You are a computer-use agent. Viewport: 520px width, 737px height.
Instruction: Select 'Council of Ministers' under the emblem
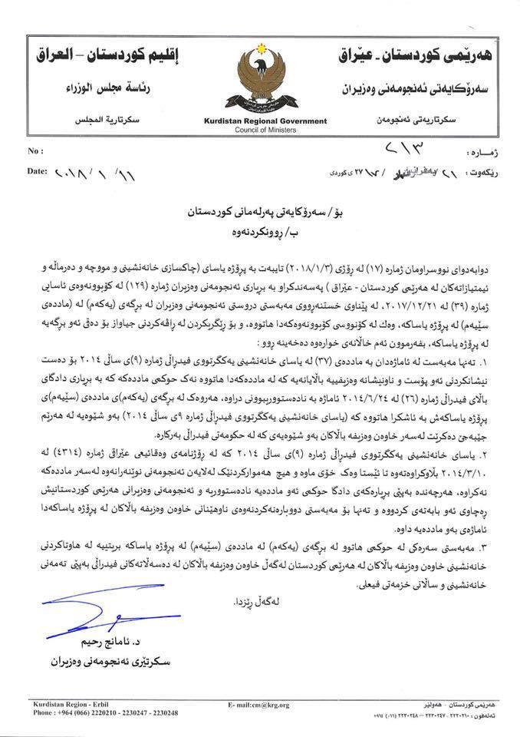point(261,131)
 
